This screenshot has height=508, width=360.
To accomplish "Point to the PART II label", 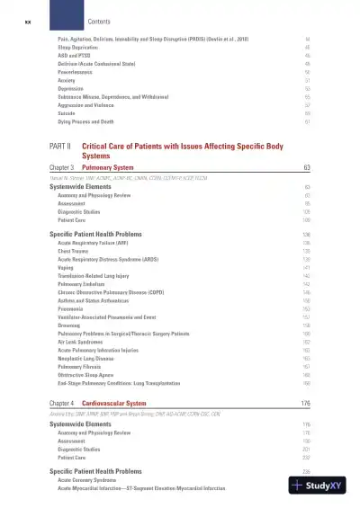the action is pyautogui.click(x=60, y=145).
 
